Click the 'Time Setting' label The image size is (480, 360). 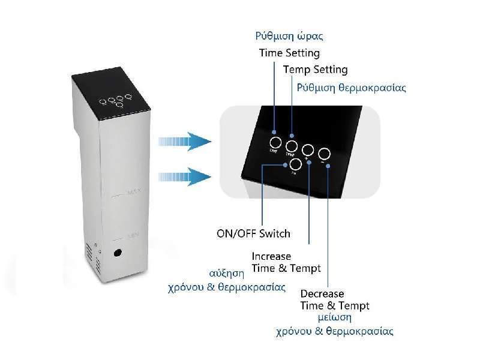coord(289,53)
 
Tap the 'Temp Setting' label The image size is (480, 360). coord(315,70)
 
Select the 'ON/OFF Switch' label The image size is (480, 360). coord(253,233)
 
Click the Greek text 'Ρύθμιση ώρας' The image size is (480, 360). coord(284,36)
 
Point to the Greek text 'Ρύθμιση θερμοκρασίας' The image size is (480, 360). coord(352,88)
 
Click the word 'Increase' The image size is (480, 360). coord(271,256)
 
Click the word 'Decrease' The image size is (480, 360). coord(322,293)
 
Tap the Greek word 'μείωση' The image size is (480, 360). coord(334,317)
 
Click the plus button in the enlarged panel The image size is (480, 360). coord(308,149)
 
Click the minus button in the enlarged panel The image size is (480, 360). coord(325,153)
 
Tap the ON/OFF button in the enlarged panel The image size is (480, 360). coord(295,164)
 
